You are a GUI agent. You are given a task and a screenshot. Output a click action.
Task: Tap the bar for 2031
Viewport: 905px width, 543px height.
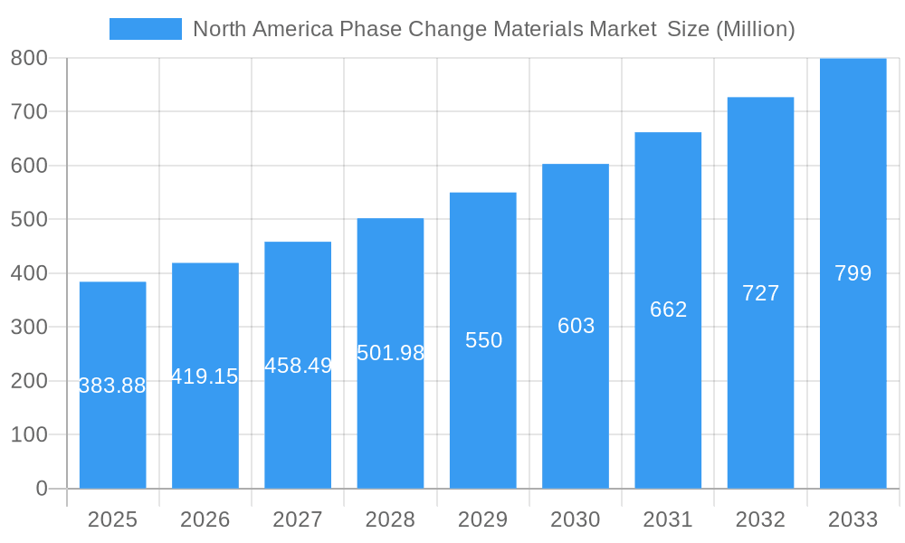click(668, 398)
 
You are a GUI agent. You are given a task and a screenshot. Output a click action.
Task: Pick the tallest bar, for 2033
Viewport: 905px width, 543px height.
click(853, 380)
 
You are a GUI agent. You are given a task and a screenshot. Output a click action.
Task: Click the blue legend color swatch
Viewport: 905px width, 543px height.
click(145, 29)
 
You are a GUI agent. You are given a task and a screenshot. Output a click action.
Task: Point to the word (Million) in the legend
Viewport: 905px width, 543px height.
click(755, 29)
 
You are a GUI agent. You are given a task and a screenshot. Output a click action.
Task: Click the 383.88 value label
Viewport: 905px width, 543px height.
click(112, 386)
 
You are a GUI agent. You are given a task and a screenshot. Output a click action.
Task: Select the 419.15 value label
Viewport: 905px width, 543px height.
click(205, 376)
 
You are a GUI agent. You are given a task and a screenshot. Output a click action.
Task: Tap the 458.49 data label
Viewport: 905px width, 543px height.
click(298, 366)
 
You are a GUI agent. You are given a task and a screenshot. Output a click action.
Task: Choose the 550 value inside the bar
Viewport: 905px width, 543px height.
click(483, 340)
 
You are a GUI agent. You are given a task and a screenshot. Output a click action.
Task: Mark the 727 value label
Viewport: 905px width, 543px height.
click(760, 293)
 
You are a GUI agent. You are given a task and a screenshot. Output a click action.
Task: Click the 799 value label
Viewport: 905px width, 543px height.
click(853, 273)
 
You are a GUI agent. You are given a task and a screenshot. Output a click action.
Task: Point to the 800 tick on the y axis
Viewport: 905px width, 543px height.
click(29, 58)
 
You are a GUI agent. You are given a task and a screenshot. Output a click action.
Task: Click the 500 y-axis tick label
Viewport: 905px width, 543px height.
click(29, 219)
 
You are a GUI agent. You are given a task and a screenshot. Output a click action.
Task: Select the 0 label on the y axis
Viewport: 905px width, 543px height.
click(41, 489)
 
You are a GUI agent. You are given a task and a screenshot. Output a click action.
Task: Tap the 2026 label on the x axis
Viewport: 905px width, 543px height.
click(205, 519)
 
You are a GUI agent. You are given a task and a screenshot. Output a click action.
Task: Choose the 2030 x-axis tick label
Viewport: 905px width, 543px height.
click(576, 519)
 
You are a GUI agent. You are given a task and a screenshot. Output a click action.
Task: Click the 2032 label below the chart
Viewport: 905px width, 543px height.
click(760, 519)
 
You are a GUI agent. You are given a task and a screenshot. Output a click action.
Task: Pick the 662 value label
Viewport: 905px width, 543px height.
click(668, 310)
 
